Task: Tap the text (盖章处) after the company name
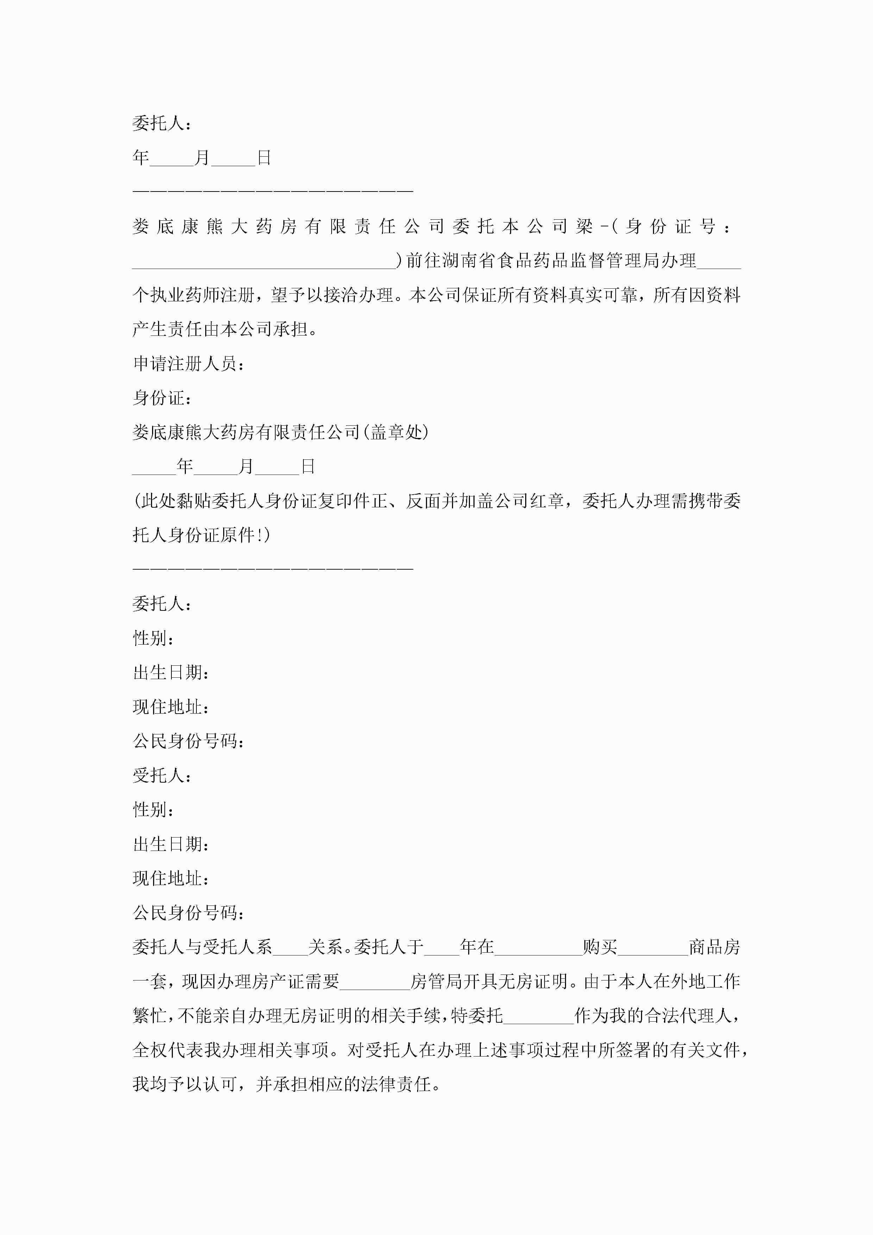395,432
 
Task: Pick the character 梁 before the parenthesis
584,226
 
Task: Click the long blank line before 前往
264,262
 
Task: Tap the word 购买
600,947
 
